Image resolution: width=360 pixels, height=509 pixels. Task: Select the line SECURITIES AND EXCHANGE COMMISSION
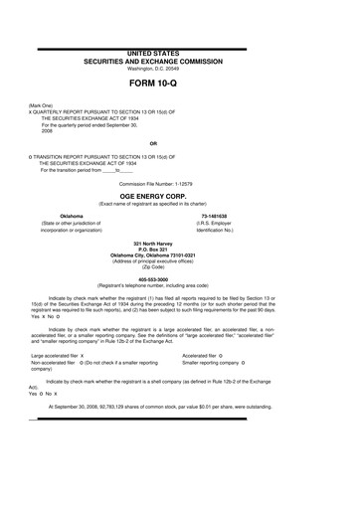click(x=179, y=58)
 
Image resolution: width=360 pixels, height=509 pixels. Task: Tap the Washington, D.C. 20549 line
click(x=179, y=66)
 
